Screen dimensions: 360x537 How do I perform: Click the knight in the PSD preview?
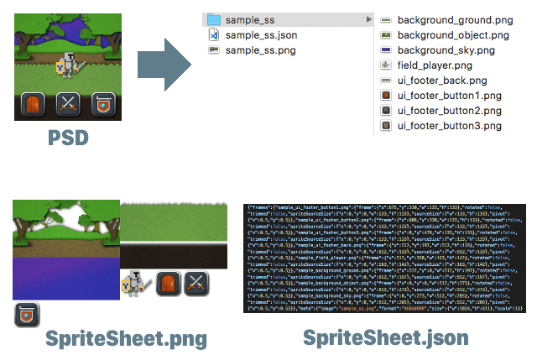[x=70, y=64]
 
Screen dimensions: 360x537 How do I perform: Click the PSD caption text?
[x=67, y=137]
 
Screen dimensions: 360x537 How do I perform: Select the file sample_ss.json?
[x=260, y=35]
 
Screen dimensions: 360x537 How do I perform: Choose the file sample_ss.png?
[x=260, y=50]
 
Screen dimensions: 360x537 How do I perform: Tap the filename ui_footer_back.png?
[x=442, y=81]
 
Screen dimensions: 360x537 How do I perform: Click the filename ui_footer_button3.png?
[x=450, y=126]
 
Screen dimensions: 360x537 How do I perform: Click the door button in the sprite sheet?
[x=167, y=283]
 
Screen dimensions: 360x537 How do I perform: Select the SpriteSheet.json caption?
[x=385, y=338]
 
